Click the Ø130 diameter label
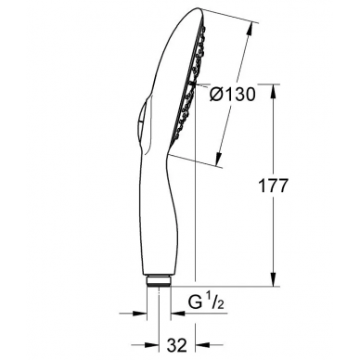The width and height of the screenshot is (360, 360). [x=232, y=94]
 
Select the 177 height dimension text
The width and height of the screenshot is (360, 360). [x=273, y=186]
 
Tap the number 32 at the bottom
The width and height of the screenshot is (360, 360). [x=177, y=345]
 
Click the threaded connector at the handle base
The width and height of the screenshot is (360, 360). [x=159, y=281]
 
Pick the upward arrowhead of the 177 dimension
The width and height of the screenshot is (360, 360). [x=273, y=91]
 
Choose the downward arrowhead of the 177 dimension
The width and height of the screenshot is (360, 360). [x=273, y=280]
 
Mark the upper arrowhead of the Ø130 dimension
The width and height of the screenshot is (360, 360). [x=251, y=30]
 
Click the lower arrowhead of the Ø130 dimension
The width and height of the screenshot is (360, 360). [x=219, y=160]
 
